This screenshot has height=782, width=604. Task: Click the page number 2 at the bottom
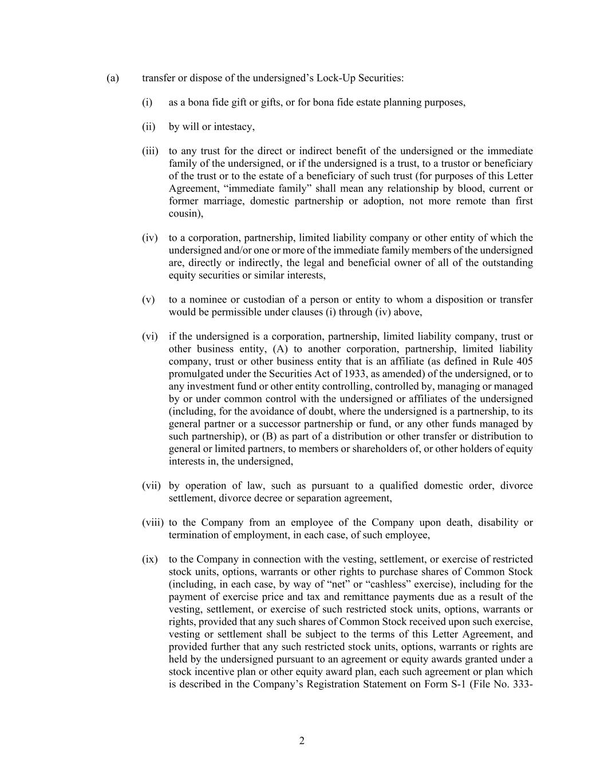(302, 741)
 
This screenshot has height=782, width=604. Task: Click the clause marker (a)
(113, 77)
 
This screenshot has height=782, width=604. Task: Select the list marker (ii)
(149, 127)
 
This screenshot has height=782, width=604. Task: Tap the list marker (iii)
(150, 151)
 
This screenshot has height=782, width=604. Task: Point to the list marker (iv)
(149, 238)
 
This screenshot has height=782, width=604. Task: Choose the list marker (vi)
(149, 336)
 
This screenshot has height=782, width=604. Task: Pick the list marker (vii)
(151, 486)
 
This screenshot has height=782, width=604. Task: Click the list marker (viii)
(153, 522)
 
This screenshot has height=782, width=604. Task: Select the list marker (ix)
(149, 559)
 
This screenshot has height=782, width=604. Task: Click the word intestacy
(235, 127)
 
